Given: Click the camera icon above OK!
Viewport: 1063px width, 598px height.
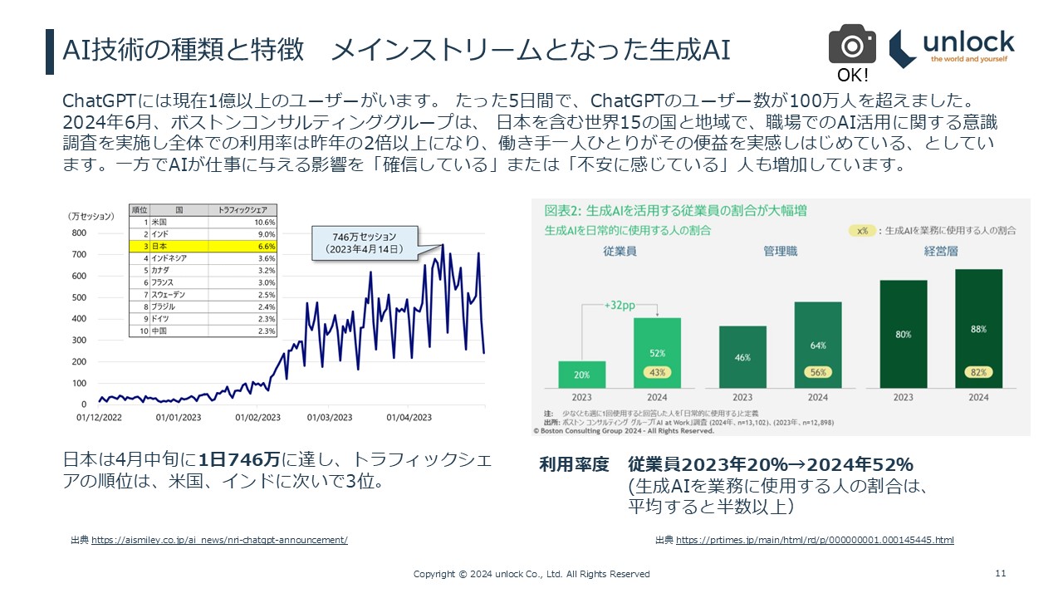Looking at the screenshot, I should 852,44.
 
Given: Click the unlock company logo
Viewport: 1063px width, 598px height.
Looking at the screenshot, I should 953,48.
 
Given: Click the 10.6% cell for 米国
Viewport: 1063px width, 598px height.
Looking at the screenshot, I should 265,223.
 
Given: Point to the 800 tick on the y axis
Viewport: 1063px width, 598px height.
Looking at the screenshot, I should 81,233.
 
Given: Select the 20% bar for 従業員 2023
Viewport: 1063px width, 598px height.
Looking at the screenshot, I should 581,374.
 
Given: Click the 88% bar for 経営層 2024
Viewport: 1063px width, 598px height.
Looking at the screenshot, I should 978,328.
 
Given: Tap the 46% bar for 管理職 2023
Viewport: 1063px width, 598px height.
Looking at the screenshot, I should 742,357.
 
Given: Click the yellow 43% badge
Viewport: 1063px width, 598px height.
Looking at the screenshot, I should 657,373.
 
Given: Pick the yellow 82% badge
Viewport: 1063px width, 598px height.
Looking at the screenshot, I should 978,373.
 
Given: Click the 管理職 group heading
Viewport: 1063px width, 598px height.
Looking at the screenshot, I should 780,251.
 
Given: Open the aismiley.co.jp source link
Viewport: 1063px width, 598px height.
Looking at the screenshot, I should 219,541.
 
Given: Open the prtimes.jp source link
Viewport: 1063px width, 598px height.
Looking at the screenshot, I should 815,541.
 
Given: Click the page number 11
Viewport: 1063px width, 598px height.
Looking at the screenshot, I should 1000,573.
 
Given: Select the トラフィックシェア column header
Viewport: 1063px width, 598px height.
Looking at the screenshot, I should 242,211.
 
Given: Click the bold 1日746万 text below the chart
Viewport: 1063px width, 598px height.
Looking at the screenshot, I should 240,459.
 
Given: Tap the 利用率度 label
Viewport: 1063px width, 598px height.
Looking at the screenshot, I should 574,464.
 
